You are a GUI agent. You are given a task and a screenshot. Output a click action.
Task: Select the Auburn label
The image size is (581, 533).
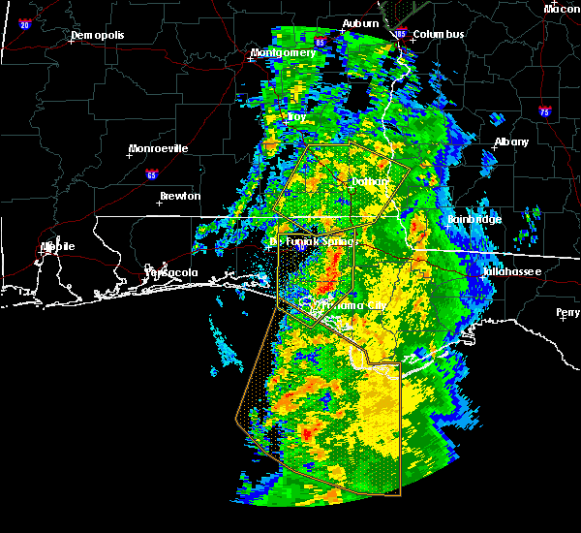pos(360,23)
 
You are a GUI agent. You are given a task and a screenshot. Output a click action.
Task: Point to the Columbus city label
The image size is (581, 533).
pos(439,35)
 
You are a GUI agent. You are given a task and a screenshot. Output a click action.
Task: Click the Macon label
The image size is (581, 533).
pos(562,9)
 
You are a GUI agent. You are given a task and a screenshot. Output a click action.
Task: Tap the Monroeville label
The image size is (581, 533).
pos(161,148)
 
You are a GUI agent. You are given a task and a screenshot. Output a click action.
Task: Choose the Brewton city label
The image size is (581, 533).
pos(180,196)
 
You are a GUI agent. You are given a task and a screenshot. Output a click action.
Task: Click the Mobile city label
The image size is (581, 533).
pos(57,246)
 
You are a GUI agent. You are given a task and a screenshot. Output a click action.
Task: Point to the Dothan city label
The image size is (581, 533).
pos(369,181)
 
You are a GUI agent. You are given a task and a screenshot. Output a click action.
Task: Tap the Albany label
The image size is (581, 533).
pos(512,141)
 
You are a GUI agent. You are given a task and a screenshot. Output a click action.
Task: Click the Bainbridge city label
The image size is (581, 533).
pos(474,219)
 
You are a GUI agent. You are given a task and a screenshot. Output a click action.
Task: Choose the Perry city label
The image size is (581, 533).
pos(568,312)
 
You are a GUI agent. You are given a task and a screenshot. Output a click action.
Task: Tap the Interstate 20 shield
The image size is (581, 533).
pos(24,24)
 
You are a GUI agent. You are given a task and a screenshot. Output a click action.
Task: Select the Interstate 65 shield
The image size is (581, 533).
pos(151,175)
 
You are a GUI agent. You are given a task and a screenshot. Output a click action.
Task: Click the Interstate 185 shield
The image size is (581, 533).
pos(401,34)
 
